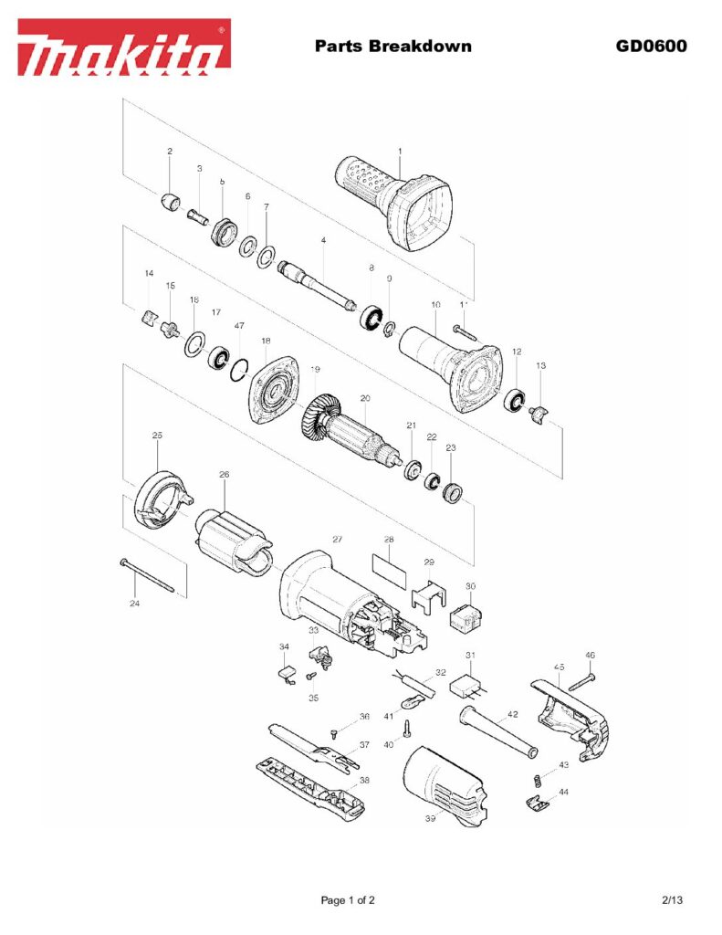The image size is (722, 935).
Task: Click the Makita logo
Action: pos(124,47)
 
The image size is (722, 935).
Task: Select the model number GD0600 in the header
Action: pos(650,46)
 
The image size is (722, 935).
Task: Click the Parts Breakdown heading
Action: pos(392,46)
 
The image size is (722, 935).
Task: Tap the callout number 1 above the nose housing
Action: pos(399,151)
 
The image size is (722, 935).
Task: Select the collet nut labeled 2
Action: pos(169,200)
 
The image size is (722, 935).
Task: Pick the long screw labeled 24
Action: pos(146,577)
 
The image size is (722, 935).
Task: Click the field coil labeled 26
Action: pos(233,540)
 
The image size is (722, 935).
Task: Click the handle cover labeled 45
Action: pos(570,713)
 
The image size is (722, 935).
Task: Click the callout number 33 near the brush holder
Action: pos(313,630)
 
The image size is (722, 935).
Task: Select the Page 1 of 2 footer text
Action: pos(348,900)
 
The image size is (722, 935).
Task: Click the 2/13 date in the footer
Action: pos(672,900)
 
